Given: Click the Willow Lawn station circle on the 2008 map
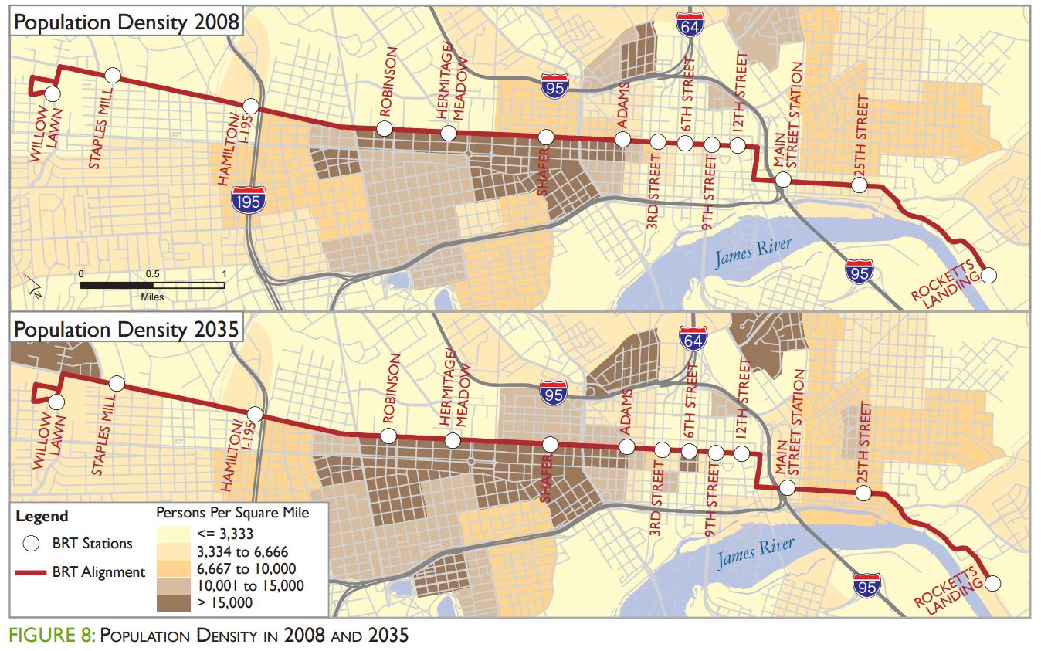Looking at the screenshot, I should (x=52, y=93).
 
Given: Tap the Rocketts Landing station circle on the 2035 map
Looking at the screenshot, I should (x=995, y=584).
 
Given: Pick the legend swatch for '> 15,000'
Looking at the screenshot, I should (x=175, y=602).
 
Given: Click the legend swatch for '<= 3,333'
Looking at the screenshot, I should (x=175, y=533).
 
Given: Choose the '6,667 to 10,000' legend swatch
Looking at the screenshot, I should (x=175, y=568).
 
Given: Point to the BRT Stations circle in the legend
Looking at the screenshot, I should (x=31, y=544).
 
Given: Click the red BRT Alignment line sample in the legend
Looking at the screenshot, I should (x=31, y=572).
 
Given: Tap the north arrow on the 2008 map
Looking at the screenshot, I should (x=32, y=287).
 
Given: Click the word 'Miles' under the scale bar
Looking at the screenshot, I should (x=152, y=297).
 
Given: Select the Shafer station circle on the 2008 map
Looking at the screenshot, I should (x=546, y=137).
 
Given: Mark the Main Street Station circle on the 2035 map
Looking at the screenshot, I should (x=787, y=487).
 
